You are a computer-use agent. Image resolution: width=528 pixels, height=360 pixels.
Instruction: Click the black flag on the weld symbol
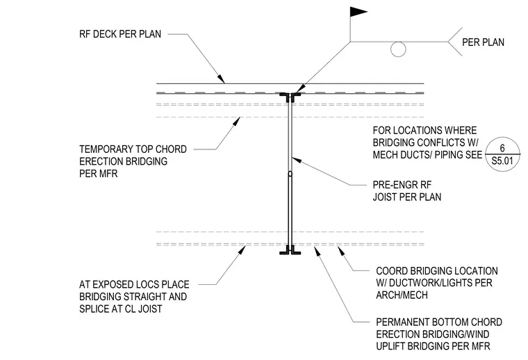357,12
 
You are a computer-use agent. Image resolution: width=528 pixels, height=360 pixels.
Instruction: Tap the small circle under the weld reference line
398,49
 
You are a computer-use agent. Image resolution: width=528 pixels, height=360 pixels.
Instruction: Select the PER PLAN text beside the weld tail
483,42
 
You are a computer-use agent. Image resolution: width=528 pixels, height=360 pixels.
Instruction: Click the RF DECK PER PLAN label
120,34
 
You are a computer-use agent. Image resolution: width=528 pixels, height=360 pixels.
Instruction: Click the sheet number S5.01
502,161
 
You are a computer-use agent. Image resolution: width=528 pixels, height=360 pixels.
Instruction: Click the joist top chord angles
290,97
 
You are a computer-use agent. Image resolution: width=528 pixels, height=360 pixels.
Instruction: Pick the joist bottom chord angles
290,250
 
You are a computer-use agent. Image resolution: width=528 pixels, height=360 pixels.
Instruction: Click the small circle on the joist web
290,174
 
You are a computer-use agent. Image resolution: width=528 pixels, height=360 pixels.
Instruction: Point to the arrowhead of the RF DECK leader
221,79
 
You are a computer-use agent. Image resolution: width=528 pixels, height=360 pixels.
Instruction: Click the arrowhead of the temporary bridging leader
237,120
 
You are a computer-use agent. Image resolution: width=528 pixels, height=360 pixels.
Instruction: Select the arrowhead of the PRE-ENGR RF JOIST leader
295,159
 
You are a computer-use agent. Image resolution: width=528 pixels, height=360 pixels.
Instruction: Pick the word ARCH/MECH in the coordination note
402,295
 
